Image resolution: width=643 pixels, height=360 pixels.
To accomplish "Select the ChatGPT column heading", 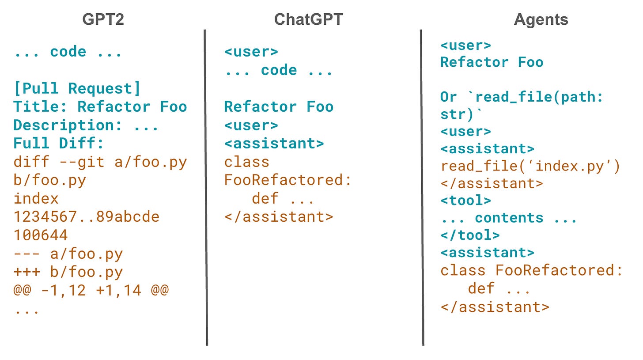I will click(x=308, y=19).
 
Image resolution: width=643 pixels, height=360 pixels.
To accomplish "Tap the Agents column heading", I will click(x=541, y=19).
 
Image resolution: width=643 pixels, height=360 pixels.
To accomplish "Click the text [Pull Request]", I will click(x=77, y=88).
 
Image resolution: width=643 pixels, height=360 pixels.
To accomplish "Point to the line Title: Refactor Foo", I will click(x=100, y=107).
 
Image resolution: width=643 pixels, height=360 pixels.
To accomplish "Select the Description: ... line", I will click(x=86, y=125).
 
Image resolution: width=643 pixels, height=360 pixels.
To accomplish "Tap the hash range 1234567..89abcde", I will click(x=86, y=217).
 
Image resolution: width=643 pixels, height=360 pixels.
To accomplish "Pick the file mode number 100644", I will click(x=41, y=235).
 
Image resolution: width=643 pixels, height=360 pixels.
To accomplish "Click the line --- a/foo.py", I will click(x=68, y=254).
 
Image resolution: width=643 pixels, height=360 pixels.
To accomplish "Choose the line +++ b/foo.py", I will click(x=68, y=272).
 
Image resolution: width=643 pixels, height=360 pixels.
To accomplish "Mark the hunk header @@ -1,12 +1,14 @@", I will click(x=91, y=290).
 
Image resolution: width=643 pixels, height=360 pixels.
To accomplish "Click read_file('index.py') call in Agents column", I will click(x=530, y=166).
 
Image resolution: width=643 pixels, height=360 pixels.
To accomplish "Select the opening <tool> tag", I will click(x=465, y=201).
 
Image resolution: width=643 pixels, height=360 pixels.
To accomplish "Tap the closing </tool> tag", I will click(x=470, y=235).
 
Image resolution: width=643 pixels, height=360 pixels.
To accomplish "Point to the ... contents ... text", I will click(x=508, y=218).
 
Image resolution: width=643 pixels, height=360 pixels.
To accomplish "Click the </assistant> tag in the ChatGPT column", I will click(x=278, y=217).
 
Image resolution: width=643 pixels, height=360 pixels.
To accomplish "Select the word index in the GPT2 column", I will click(x=36, y=198).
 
